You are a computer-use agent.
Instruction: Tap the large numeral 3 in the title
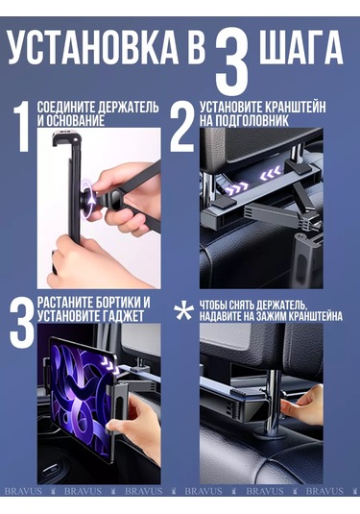point(235,58)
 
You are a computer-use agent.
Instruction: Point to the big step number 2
point(182,127)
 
